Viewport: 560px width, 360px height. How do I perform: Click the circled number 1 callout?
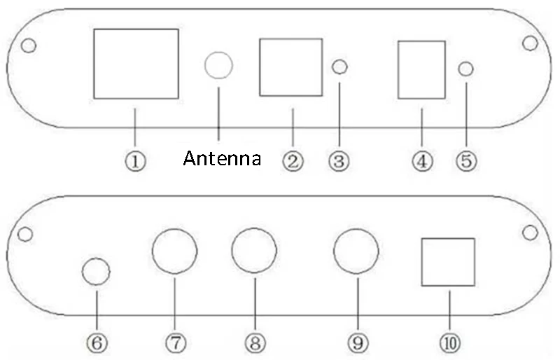pyautogui.click(x=135, y=161)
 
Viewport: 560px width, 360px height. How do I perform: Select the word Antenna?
pyautogui.click(x=222, y=158)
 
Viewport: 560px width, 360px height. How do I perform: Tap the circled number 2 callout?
pyautogui.click(x=293, y=161)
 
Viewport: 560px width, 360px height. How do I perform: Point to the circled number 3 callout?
pyautogui.click(x=339, y=161)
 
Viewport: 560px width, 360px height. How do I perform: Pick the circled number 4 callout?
pyautogui.click(x=423, y=161)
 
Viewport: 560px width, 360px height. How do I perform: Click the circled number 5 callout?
pyautogui.click(x=466, y=160)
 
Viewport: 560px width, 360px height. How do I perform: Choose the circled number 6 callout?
pyautogui.click(x=97, y=343)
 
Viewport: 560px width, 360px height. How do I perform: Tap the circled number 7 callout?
pyautogui.click(x=176, y=343)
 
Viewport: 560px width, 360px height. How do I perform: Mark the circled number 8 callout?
pyautogui.click(x=255, y=343)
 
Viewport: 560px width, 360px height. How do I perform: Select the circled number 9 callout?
pyautogui.click(x=358, y=343)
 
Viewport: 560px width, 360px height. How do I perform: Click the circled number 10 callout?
pyautogui.click(x=450, y=343)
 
